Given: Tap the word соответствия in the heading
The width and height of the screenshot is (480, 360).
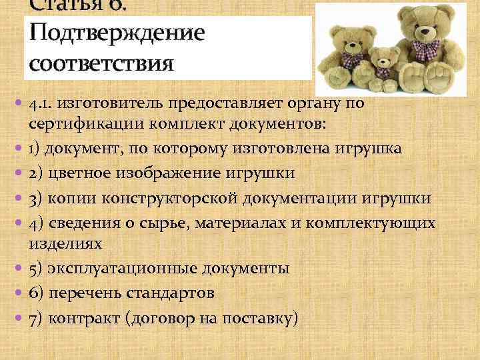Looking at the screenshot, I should (101, 63).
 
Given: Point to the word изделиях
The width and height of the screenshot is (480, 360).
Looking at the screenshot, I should (65, 243).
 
